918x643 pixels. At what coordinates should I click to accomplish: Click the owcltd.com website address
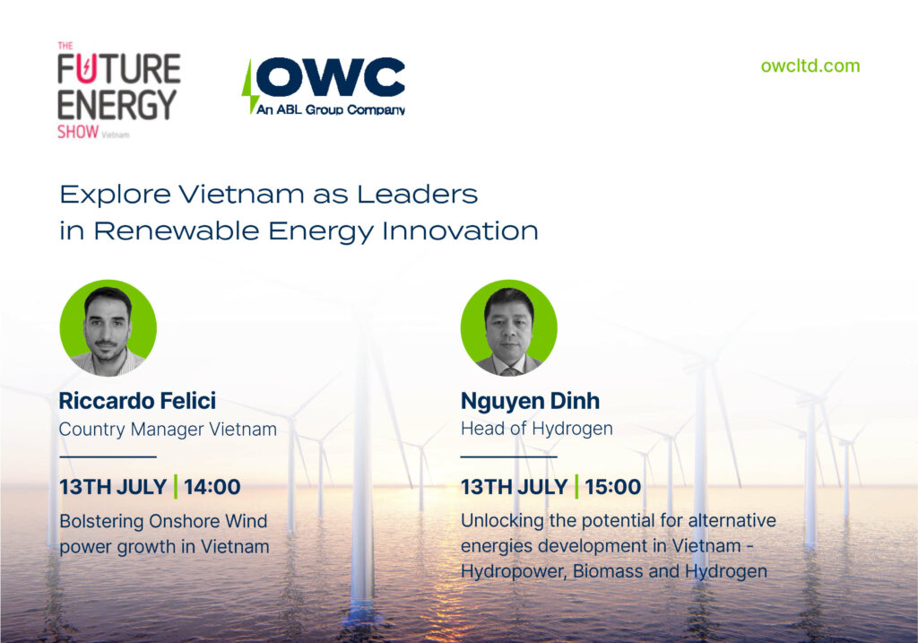tap(810, 65)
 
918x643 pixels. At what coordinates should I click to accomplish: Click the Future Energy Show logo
tap(119, 91)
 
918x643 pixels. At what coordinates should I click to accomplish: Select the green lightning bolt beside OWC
tap(249, 86)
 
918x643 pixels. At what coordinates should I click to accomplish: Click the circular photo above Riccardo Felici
tap(108, 328)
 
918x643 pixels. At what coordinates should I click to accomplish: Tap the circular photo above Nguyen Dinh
tap(509, 328)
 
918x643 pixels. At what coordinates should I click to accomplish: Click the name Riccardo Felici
tap(137, 401)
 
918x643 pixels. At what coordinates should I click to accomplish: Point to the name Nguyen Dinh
tap(531, 402)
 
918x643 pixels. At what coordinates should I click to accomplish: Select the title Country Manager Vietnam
tap(168, 430)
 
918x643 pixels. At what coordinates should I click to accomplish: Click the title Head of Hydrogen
tap(537, 429)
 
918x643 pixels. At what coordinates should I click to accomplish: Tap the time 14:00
tap(212, 487)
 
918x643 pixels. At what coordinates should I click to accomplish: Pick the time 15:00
tap(613, 487)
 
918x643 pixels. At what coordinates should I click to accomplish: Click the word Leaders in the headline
tap(418, 195)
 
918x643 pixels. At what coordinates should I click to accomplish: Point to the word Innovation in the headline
tap(460, 230)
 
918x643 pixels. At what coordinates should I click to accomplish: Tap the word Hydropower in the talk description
tap(514, 571)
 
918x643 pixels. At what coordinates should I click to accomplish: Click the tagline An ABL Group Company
tap(331, 109)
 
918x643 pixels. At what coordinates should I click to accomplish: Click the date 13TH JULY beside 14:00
tap(114, 487)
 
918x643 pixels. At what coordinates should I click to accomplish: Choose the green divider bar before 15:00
tap(576, 487)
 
